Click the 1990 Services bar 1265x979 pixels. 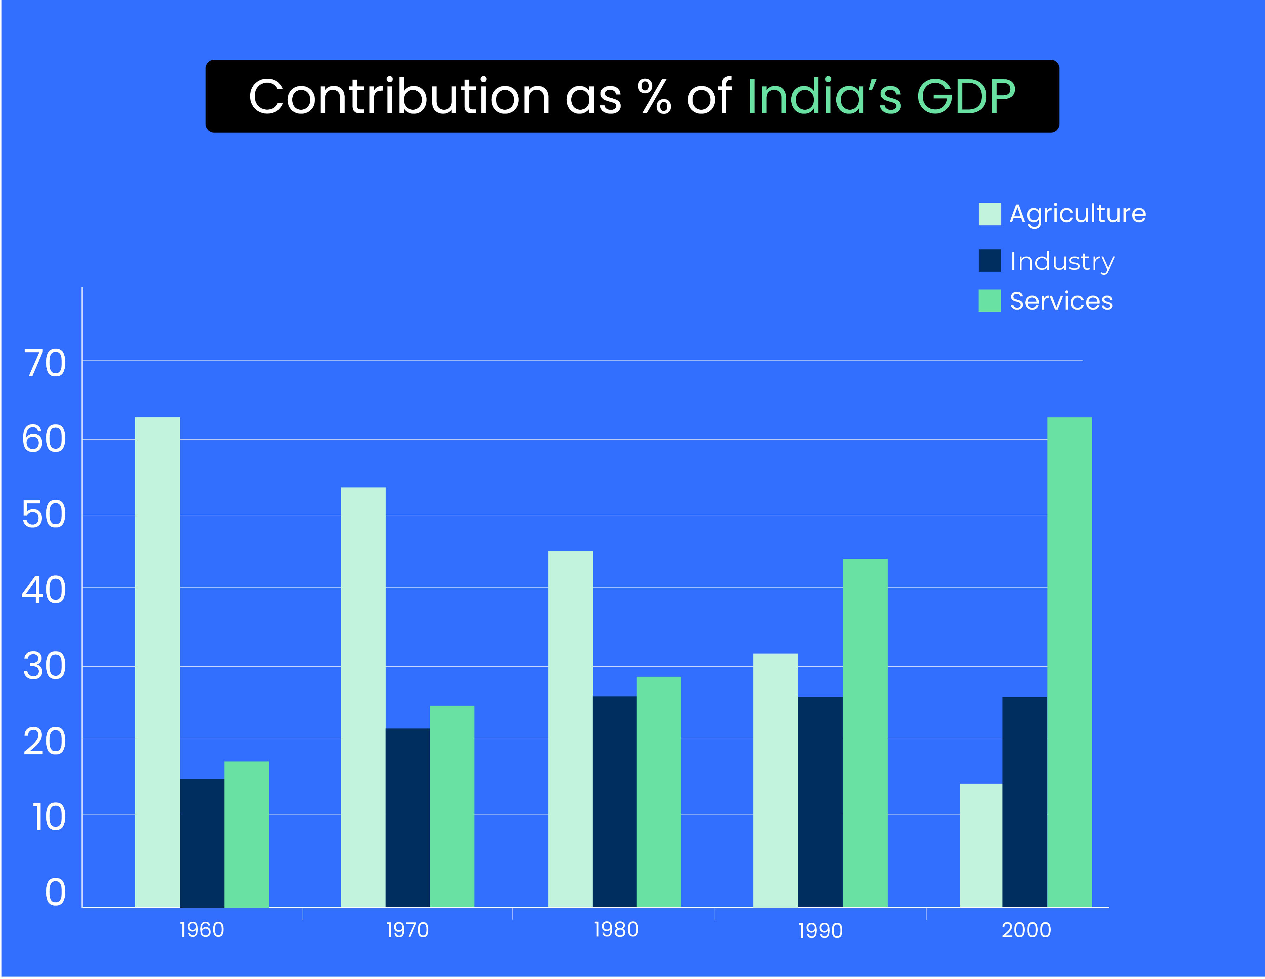point(865,732)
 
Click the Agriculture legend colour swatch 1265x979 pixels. point(989,214)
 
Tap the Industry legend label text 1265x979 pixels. point(1062,261)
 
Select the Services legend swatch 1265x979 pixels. point(989,301)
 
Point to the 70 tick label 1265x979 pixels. point(45,364)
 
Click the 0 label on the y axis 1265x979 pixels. point(56,892)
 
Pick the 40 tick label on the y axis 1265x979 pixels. point(44,591)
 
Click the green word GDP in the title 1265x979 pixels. point(966,96)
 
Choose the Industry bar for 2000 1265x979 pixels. point(1024,802)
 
